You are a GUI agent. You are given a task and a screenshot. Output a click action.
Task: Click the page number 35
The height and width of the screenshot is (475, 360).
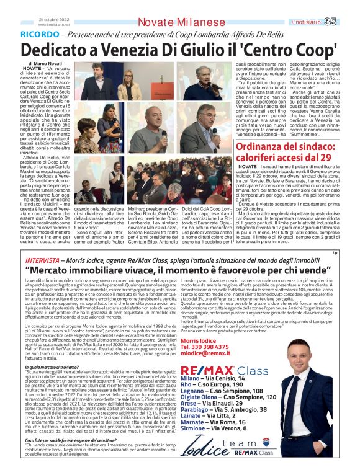(348, 22)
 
